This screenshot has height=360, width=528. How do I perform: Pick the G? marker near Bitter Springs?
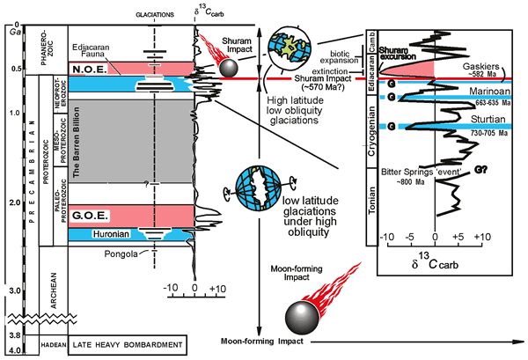481,171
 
